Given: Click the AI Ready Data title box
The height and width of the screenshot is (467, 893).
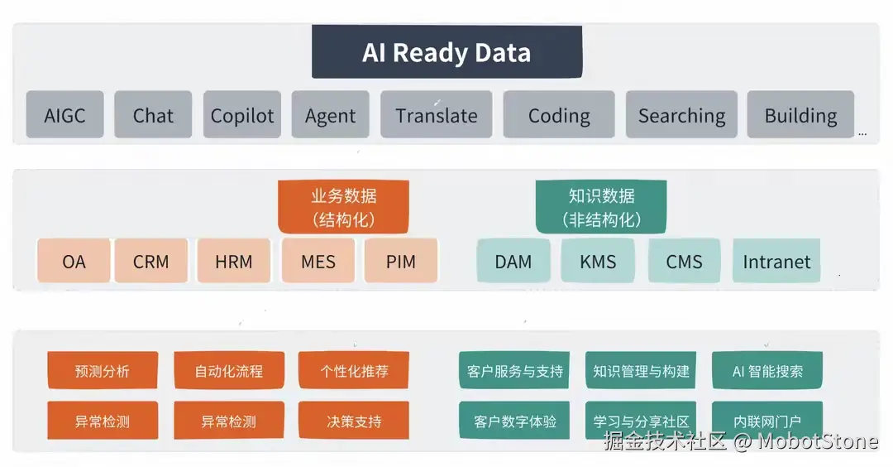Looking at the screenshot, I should pyautogui.click(x=446, y=52).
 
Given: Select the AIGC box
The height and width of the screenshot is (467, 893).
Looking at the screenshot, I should pyautogui.click(x=64, y=115).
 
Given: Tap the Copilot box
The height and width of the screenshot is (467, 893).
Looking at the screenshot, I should pyautogui.click(x=241, y=115).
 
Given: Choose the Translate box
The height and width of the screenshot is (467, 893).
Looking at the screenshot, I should pyautogui.click(x=436, y=115).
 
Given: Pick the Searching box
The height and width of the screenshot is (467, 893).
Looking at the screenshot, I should pyautogui.click(x=681, y=115).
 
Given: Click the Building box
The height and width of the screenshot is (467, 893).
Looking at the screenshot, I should pyautogui.click(x=800, y=115).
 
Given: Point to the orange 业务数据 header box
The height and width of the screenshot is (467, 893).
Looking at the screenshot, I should pyautogui.click(x=343, y=207).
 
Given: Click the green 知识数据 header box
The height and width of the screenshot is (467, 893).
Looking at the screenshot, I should pyautogui.click(x=601, y=207).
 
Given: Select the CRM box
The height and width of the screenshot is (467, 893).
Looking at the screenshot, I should pyautogui.click(x=150, y=262).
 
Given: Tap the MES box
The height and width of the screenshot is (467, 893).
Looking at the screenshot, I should pyautogui.click(x=318, y=262).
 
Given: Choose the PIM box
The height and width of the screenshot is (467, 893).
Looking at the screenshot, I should pyautogui.click(x=400, y=262).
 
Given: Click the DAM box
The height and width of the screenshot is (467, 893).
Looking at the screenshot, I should pyautogui.click(x=513, y=262).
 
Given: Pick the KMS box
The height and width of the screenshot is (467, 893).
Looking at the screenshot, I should pyautogui.click(x=598, y=262).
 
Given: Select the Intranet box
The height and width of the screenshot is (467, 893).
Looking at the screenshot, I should pyautogui.click(x=776, y=262).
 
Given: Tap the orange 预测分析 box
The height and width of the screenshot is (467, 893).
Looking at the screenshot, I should pyautogui.click(x=103, y=371).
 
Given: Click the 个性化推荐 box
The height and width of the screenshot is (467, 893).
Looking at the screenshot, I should pyautogui.click(x=354, y=371).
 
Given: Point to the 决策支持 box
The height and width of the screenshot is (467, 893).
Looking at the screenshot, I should pyautogui.click(x=354, y=421).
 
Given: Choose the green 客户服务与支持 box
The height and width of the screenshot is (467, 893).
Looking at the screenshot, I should pyautogui.click(x=515, y=371).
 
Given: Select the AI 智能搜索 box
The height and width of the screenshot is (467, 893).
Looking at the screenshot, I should pyautogui.click(x=767, y=371).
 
